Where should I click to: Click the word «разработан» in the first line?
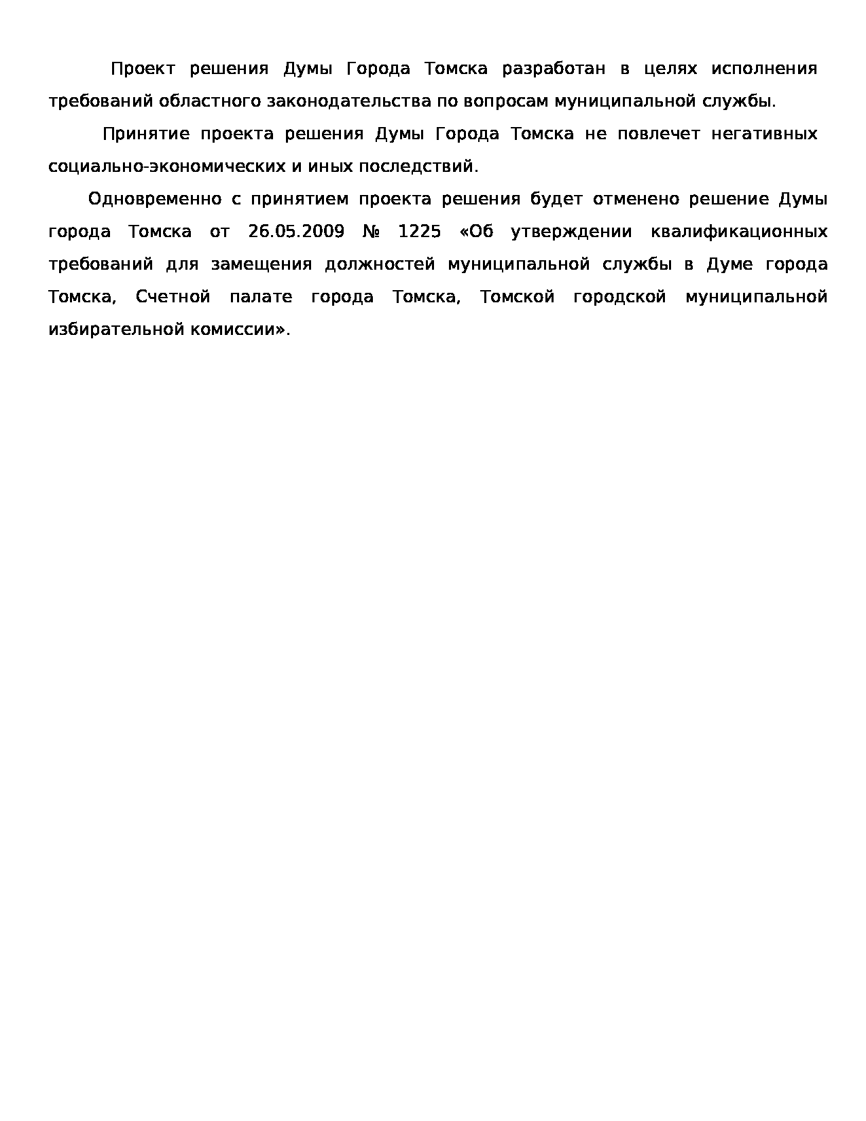point(553,69)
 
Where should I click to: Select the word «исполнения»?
point(763,69)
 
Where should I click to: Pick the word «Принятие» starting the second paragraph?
point(146,134)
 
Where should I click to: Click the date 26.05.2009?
point(296,232)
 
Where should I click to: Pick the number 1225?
point(419,232)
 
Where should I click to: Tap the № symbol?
point(371,232)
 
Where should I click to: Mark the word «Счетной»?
point(173,297)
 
